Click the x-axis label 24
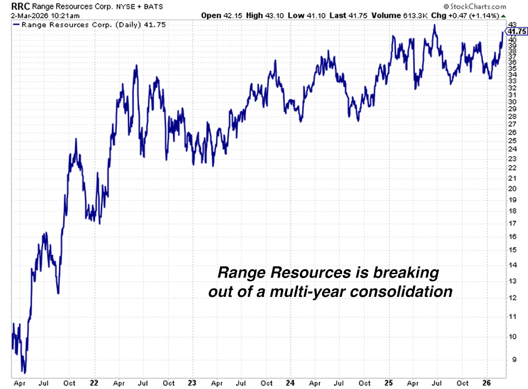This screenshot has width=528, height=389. click(x=289, y=383)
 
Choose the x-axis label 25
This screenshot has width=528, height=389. click(x=388, y=383)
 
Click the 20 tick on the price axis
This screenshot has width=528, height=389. click(x=512, y=188)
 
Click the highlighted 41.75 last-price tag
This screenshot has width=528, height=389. click(x=515, y=32)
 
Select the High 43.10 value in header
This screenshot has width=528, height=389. click(x=266, y=14)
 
